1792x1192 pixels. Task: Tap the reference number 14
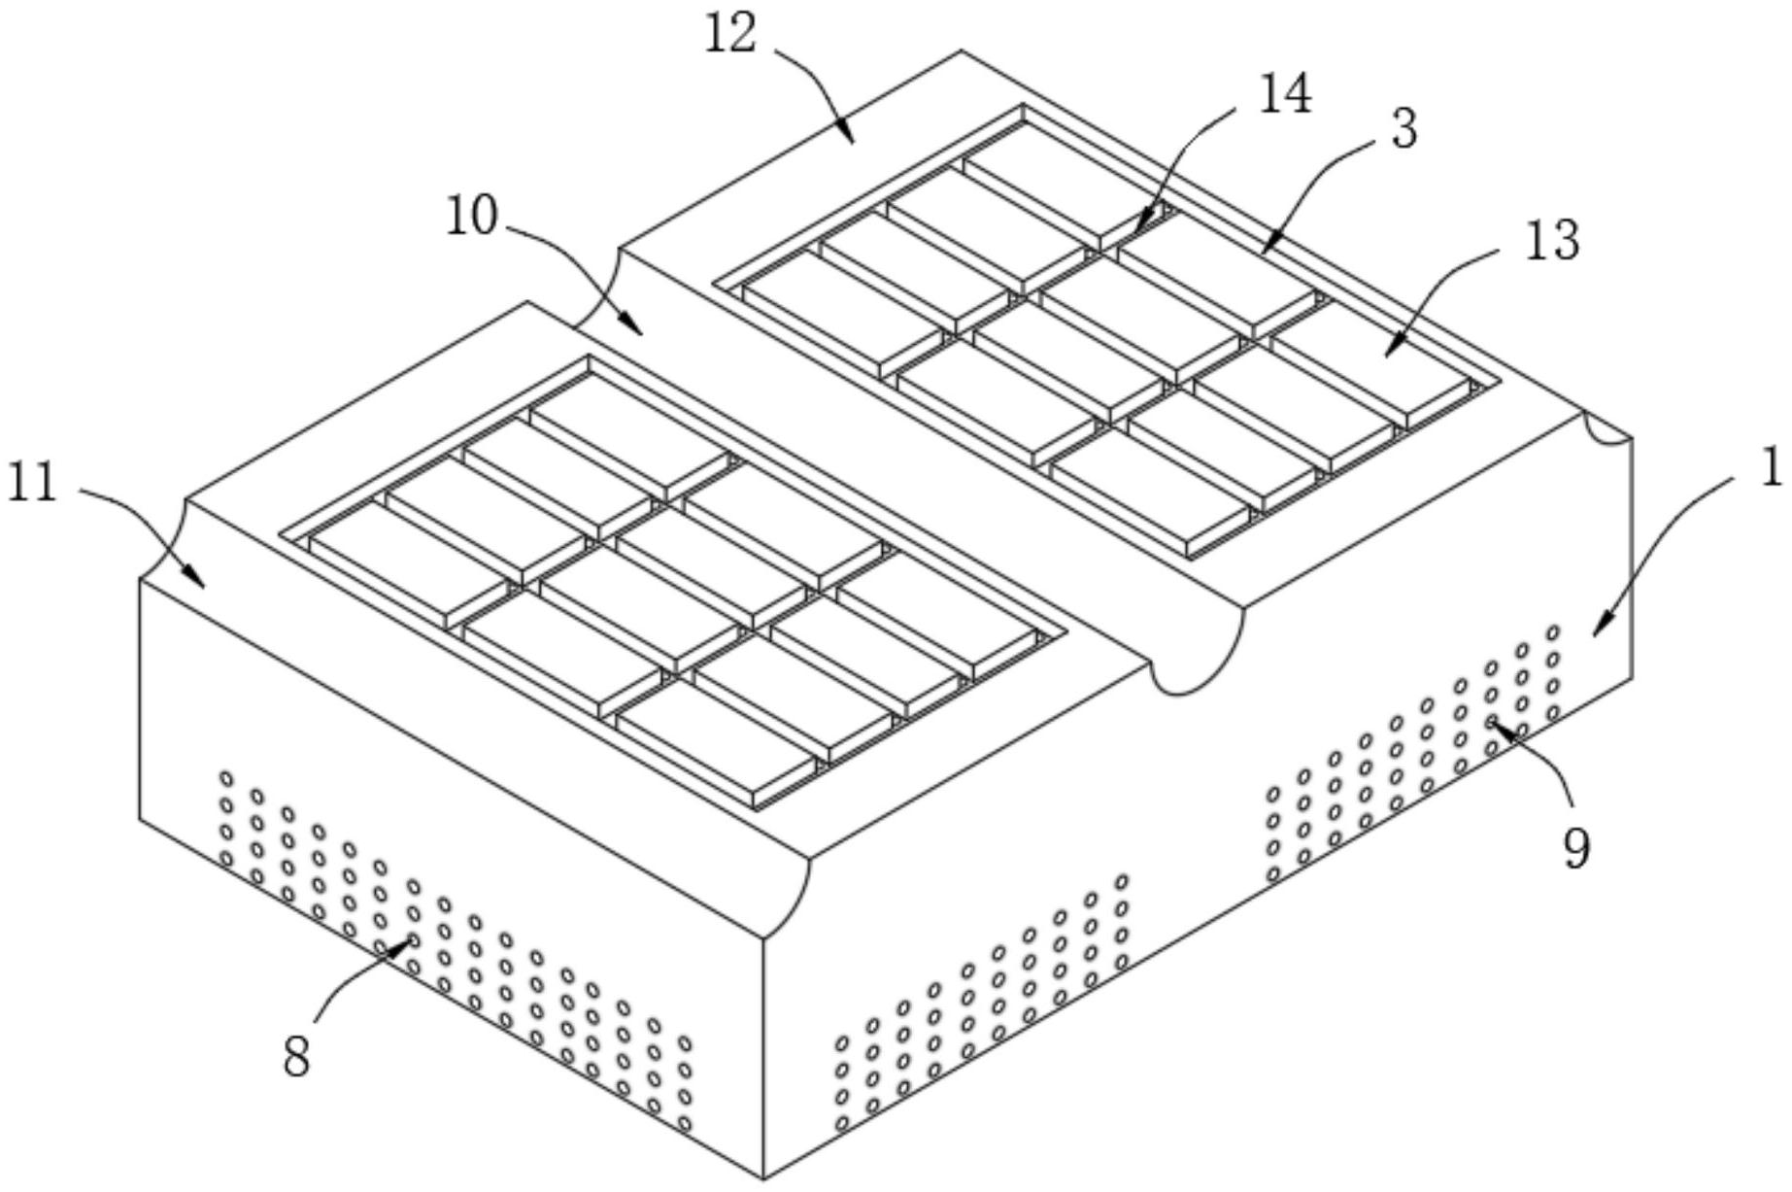click(1285, 94)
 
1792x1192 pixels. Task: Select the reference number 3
click(1404, 128)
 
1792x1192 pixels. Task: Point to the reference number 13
click(1552, 240)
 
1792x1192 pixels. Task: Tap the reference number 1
click(1772, 468)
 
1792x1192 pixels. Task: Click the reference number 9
click(1577, 849)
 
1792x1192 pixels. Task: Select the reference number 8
click(296, 1056)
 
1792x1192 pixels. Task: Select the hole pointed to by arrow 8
click(413, 940)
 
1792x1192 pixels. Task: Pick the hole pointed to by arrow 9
click(1491, 721)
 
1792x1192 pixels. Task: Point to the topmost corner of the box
click(962, 51)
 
